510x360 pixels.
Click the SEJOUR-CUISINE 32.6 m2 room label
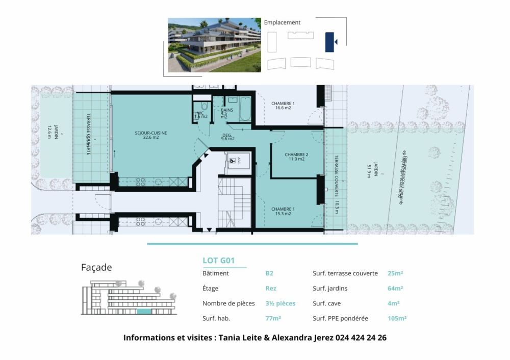[x=151, y=135]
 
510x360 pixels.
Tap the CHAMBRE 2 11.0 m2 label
[x=296, y=157]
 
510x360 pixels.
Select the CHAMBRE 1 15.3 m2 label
[x=283, y=211]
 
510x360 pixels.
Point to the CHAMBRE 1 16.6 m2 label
[x=283, y=105]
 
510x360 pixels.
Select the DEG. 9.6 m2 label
[x=227, y=137]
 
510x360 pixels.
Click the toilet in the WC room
[x=205, y=107]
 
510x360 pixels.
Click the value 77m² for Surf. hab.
[x=273, y=318]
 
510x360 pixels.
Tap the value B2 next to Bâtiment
[x=269, y=273]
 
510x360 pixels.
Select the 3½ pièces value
[x=280, y=303]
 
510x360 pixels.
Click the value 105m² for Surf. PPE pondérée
[x=397, y=318]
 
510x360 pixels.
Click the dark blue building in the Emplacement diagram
[x=329, y=42]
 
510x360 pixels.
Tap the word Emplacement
[x=282, y=22]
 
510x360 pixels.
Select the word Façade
[x=96, y=267]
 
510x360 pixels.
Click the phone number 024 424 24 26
[x=361, y=338]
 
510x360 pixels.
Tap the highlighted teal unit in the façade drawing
[x=144, y=311]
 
